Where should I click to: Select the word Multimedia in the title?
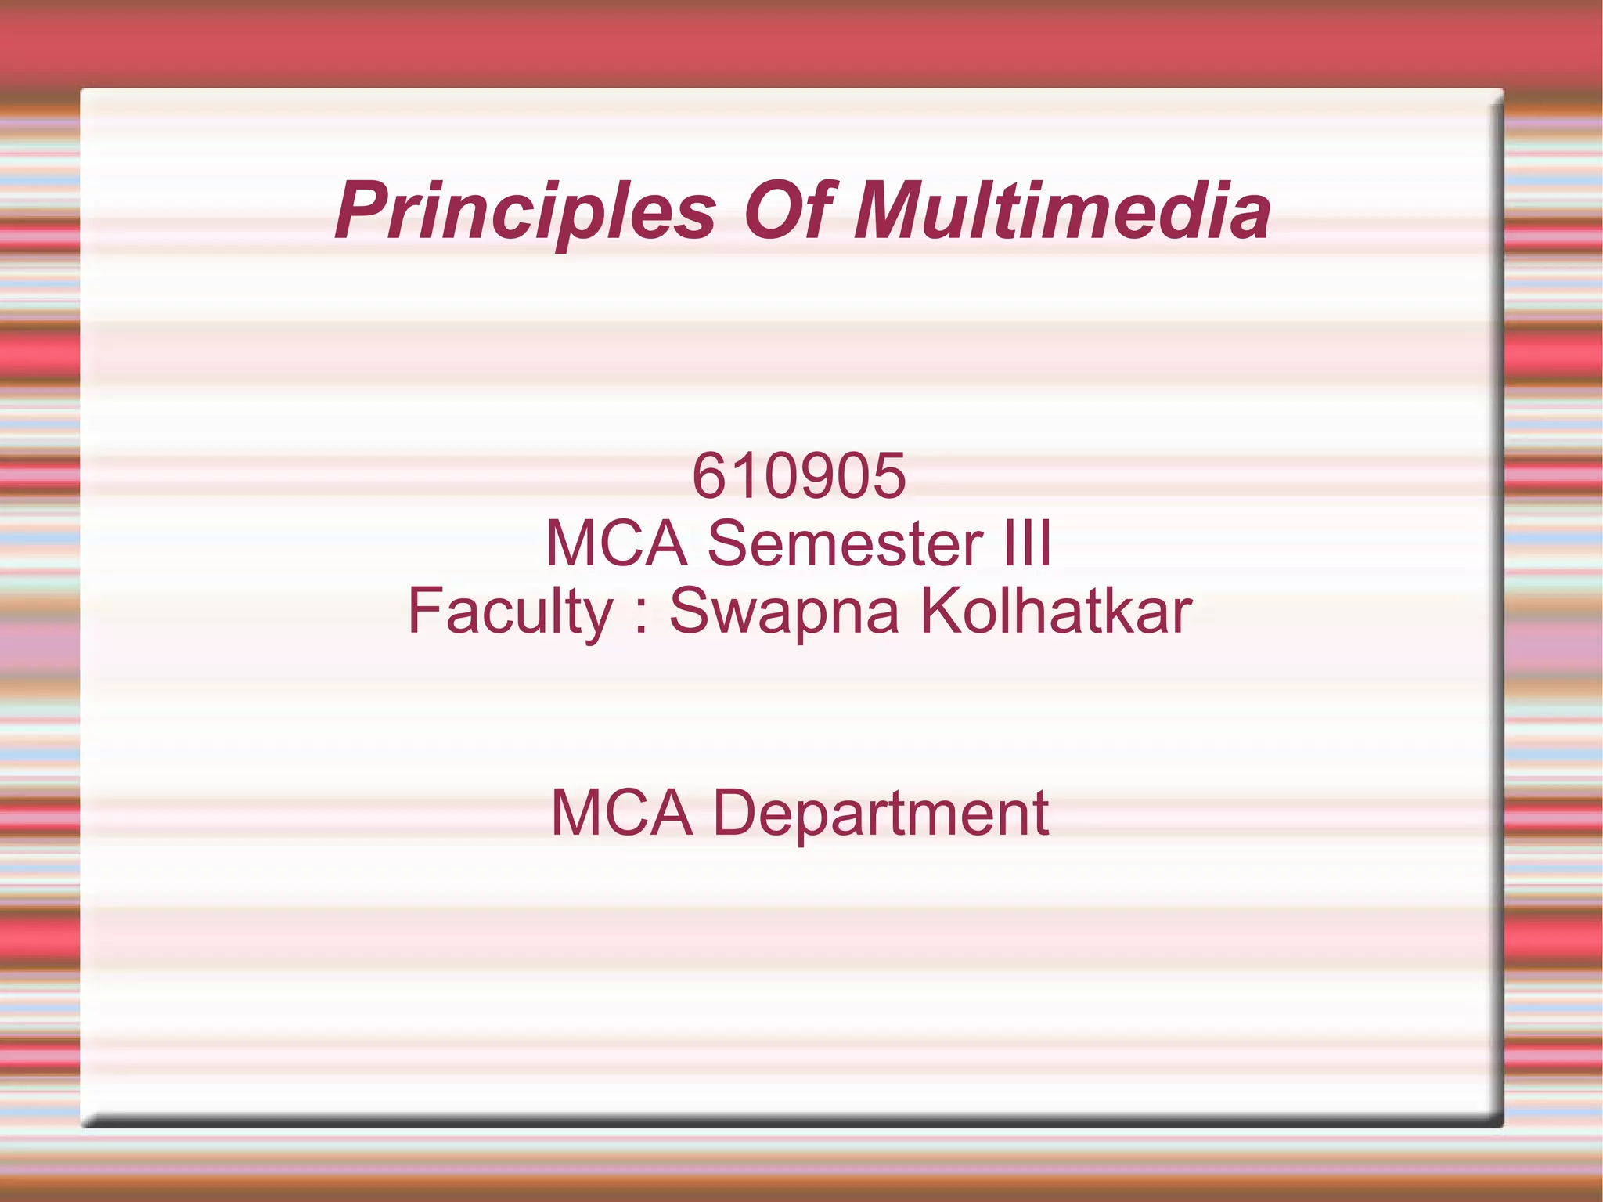[x=1062, y=210]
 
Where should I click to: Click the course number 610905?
[x=799, y=476]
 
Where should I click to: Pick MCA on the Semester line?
[x=617, y=543]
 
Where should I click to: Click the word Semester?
[x=845, y=543]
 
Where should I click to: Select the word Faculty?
[x=510, y=612]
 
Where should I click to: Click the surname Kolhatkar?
[x=1056, y=611]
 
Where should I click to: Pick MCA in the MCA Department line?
[x=622, y=813]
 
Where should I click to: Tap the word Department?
[x=881, y=814]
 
